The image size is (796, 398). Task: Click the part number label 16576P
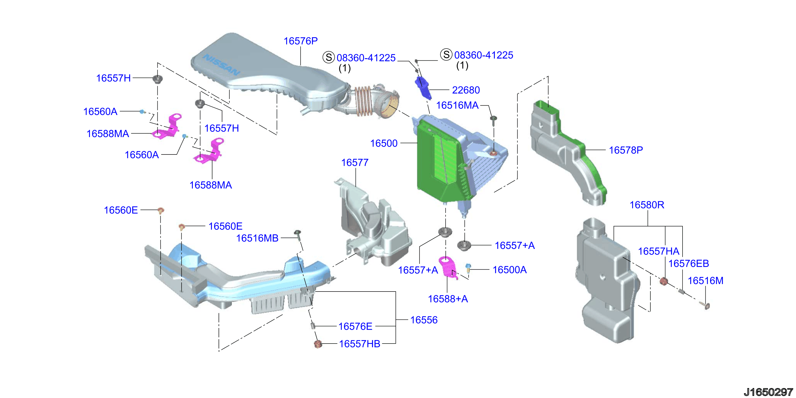pos(300,41)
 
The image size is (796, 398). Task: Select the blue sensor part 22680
pos(423,87)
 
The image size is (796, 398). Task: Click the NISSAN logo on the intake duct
pos(221,65)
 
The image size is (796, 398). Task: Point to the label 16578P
pos(626,150)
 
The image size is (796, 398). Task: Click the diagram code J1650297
pos(768,392)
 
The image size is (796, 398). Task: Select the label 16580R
pos(647,205)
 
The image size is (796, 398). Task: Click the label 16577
pos(355,163)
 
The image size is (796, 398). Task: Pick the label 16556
pos(424,320)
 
